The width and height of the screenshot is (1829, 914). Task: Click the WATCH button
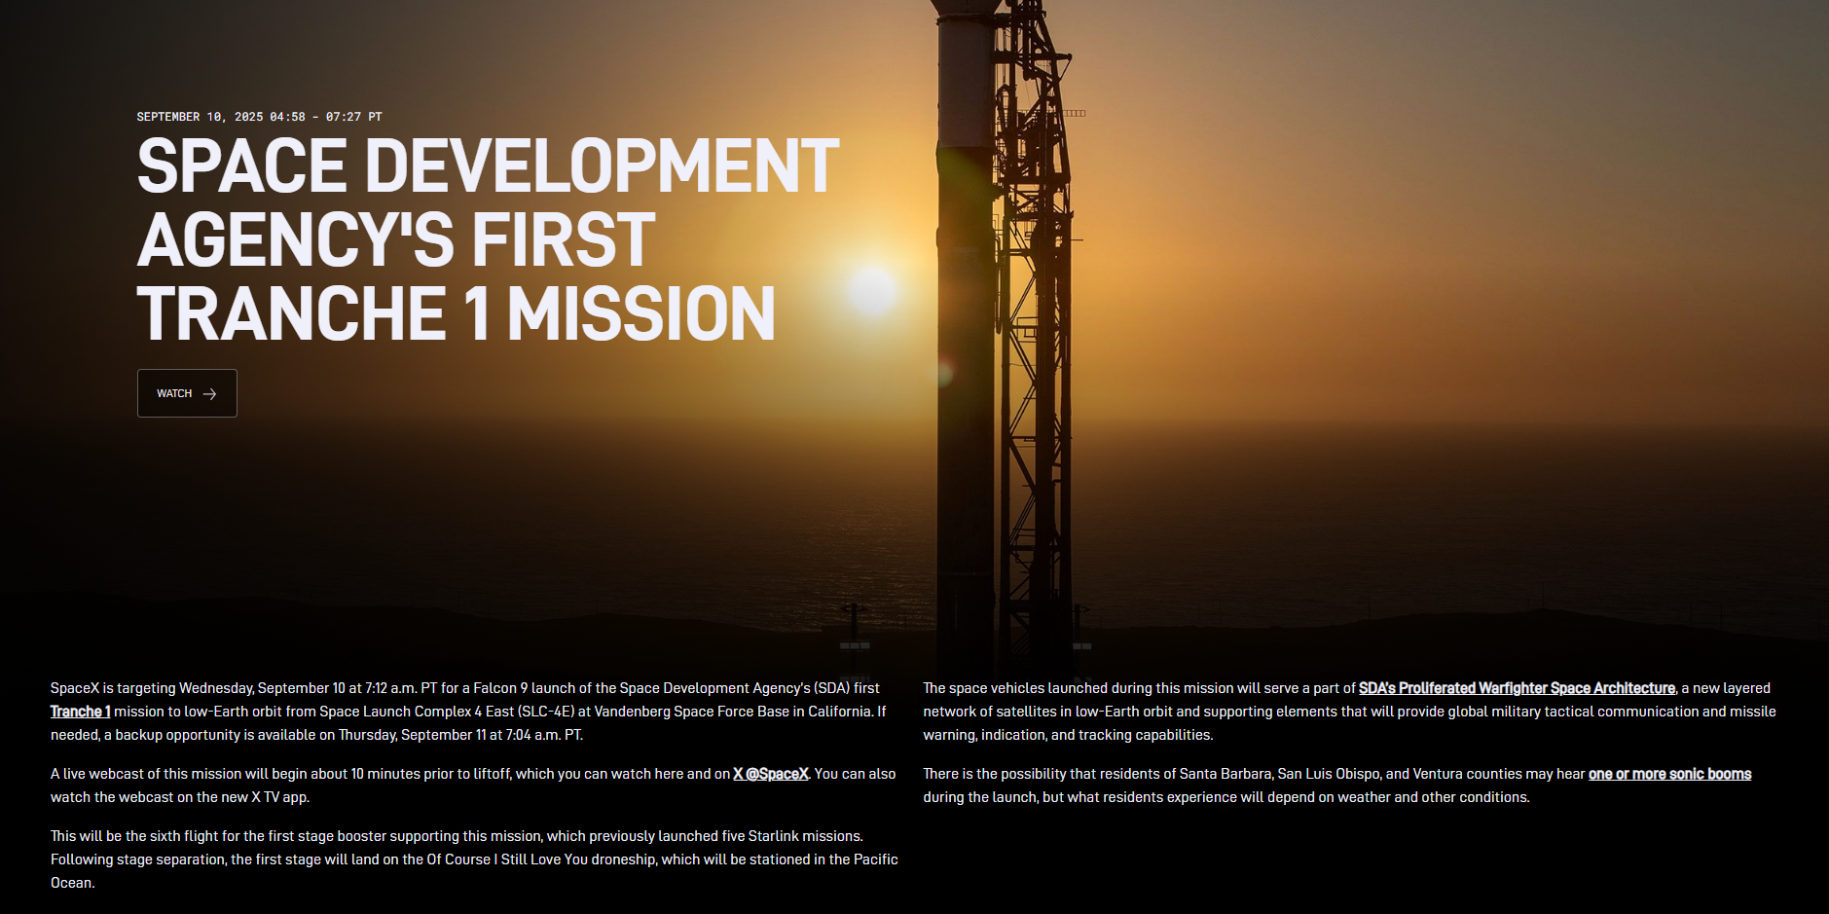[187, 393]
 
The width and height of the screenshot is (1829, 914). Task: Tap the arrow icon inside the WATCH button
[209, 394]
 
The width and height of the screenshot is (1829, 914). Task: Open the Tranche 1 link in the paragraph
[81, 712]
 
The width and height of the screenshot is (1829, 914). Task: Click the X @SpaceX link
[771, 774]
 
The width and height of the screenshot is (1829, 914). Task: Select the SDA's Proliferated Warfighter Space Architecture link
[1517, 688]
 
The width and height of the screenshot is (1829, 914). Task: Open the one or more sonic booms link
[1669, 774]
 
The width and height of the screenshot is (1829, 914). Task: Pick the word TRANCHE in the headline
[292, 313]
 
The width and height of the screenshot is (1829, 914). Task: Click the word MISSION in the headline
[641, 313]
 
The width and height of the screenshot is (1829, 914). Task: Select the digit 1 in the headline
[476, 313]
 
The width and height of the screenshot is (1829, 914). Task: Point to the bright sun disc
[872, 290]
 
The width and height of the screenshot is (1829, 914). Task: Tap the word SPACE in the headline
[242, 165]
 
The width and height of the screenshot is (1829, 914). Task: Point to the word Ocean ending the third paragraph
[71, 883]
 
